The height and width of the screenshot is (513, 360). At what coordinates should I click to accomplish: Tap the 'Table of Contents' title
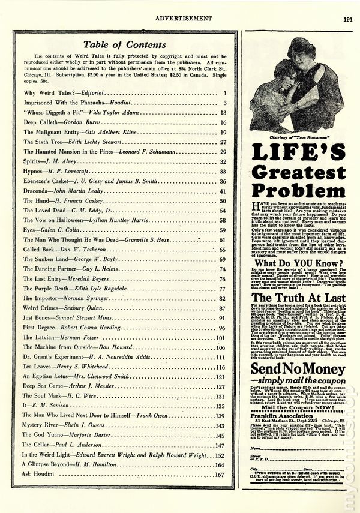(124, 44)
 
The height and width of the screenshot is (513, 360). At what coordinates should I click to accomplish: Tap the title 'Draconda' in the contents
(37, 191)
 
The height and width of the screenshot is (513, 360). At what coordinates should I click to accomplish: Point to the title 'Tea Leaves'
(38, 367)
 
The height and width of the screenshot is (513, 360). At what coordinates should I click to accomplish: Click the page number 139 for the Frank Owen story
(220, 415)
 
